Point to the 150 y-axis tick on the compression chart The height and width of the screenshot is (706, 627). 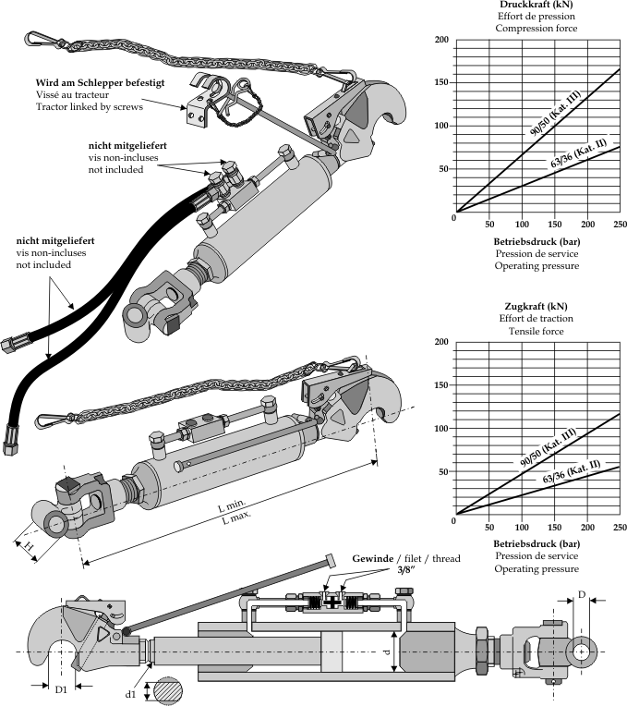tap(441, 82)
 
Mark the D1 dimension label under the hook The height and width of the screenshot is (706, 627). tap(61, 689)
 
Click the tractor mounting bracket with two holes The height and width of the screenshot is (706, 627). tap(196, 107)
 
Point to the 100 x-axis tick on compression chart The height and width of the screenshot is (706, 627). tap(522, 224)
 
